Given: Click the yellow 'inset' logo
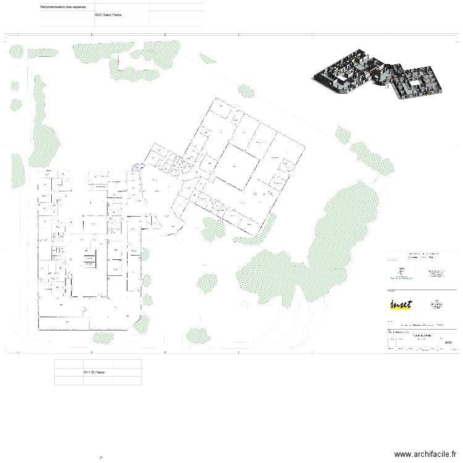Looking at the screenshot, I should pyautogui.click(x=401, y=304).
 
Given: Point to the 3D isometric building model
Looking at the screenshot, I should pyautogui.click(x=379, y=76).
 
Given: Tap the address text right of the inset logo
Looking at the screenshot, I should pyautogui.click(x=436, y=303).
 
